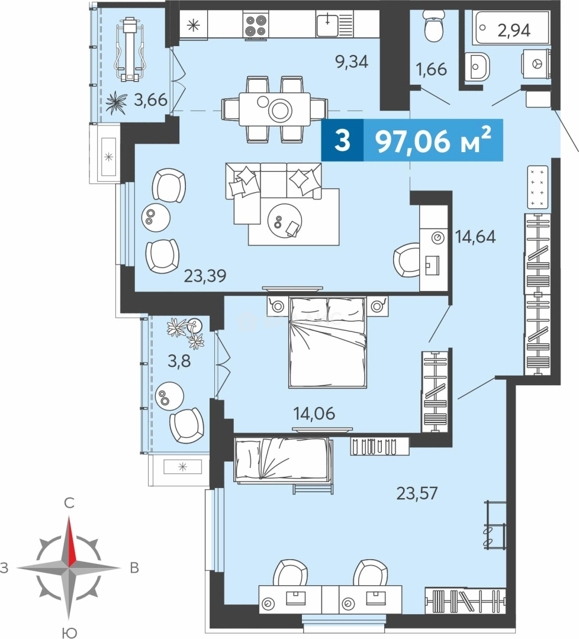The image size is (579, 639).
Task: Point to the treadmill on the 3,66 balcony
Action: pos(130,49)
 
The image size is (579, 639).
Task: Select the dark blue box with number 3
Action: pos(342,140)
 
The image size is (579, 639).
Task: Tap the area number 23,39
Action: pos(205,276)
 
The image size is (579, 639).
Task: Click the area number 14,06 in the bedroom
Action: pos(314,414)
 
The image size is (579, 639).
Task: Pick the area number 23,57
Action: pos(417,493)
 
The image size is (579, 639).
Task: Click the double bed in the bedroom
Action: pos(327,342)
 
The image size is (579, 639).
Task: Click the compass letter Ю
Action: pos(69,633)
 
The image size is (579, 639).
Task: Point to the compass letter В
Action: pos(134,567)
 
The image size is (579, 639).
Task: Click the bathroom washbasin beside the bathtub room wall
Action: pos(478,66)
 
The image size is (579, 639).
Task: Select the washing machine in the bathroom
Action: pos(536,63)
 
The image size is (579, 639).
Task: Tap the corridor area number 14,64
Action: pos(475,237)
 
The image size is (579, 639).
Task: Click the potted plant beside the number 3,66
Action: pos(116,102)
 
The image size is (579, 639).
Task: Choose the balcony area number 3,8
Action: pos(179,361)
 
